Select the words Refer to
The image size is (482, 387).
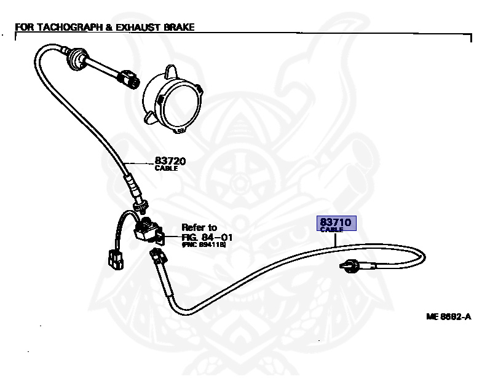(199, 228)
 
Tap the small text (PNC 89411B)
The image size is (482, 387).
(203, 244)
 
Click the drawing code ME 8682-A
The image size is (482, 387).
(448, 317)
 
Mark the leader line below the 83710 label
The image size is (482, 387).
(336, 239)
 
